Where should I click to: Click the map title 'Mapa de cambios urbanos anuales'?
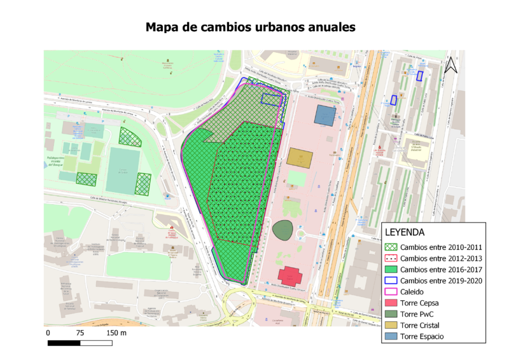pyautogui.click(x=250, y=27)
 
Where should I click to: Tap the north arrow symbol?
pyautogui.click(x=451, y=64)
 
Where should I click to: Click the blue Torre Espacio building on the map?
pyautogui.click(x=325, y=116)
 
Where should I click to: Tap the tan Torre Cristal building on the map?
pyautogui.click(x=299, y=157)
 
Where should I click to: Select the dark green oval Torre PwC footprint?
pyautogui.click(x=284, y=229)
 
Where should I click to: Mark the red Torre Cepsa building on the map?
pyautogui.click(x=290, y=275)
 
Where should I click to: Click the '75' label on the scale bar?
pyautogui.click(x=80, y=333)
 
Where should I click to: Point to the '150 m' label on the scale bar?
pyautogui.click(x=116, y=333)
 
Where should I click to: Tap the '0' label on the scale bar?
pyautogui.click(x=48, y=333)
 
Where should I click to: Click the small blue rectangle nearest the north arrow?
pyautogui.click(x=419, y=76)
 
